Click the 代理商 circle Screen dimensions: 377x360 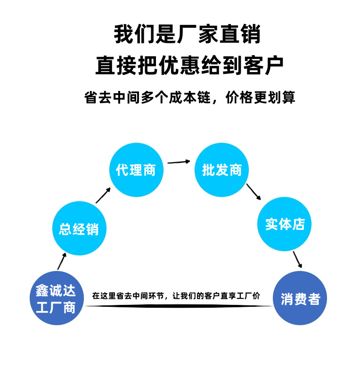(x=136, y=170)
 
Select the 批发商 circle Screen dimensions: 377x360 (x=221, y=170)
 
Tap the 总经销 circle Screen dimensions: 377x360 (x=79, y=229)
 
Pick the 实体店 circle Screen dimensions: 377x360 (x=284, y=224)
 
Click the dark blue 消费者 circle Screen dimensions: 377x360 (x=300, y=298)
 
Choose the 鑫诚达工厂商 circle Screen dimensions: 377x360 (x=57, y=298)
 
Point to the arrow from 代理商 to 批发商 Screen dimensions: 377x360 (x=179, y=162)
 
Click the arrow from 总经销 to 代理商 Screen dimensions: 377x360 (x=103, y=195)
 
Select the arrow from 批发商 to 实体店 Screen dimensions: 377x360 (x=254, y=191)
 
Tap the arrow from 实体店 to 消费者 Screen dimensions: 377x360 (x=297, y=260)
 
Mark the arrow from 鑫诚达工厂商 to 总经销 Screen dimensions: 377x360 (x=62, y=261)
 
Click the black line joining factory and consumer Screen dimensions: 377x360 (x=179, y=306)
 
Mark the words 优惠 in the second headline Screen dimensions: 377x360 (x=180, y=66)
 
